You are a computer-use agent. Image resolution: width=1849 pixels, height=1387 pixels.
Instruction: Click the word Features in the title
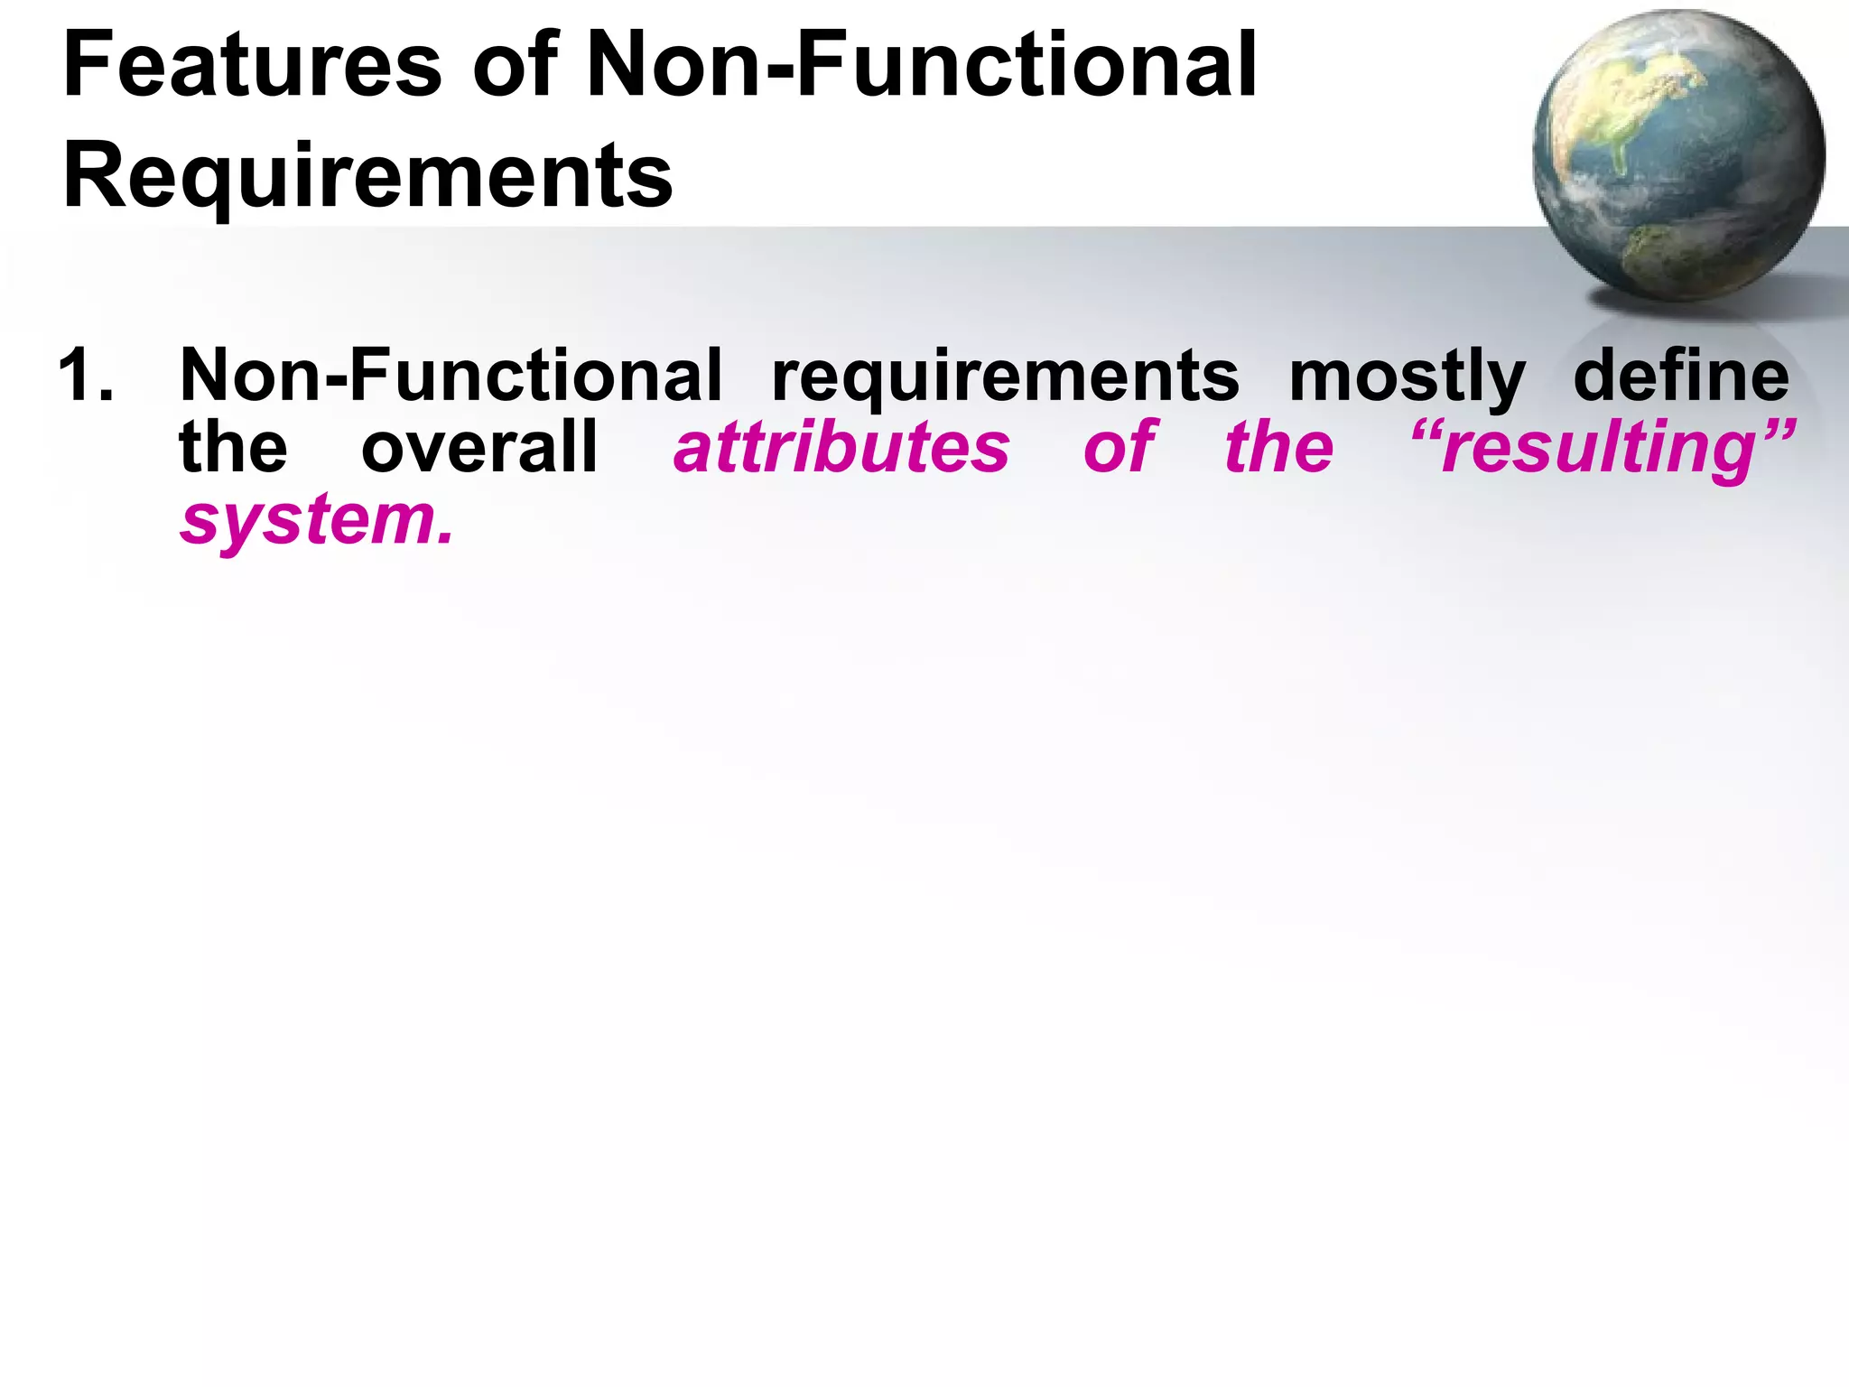[x=252, y=66]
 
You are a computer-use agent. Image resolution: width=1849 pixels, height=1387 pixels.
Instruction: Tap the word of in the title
[x=515, y=66]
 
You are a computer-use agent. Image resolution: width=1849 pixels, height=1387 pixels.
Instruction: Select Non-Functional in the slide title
[x=921, y=66]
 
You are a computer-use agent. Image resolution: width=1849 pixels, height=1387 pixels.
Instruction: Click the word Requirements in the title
[x=367, y=176]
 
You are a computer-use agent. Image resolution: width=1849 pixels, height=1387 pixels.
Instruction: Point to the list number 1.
[x=86, y=376]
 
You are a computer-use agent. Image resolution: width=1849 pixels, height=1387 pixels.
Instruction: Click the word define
[x=1680, y=376]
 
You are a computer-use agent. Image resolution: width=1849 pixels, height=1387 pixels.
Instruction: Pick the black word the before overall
[x=233, y=447]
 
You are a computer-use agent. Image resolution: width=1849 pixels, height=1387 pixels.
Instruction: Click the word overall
[x=479, y=447]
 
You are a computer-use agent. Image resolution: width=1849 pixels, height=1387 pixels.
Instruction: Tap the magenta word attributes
[x=841, y=448]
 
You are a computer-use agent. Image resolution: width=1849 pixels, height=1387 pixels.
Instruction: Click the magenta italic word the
[x=1278, y=448]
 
